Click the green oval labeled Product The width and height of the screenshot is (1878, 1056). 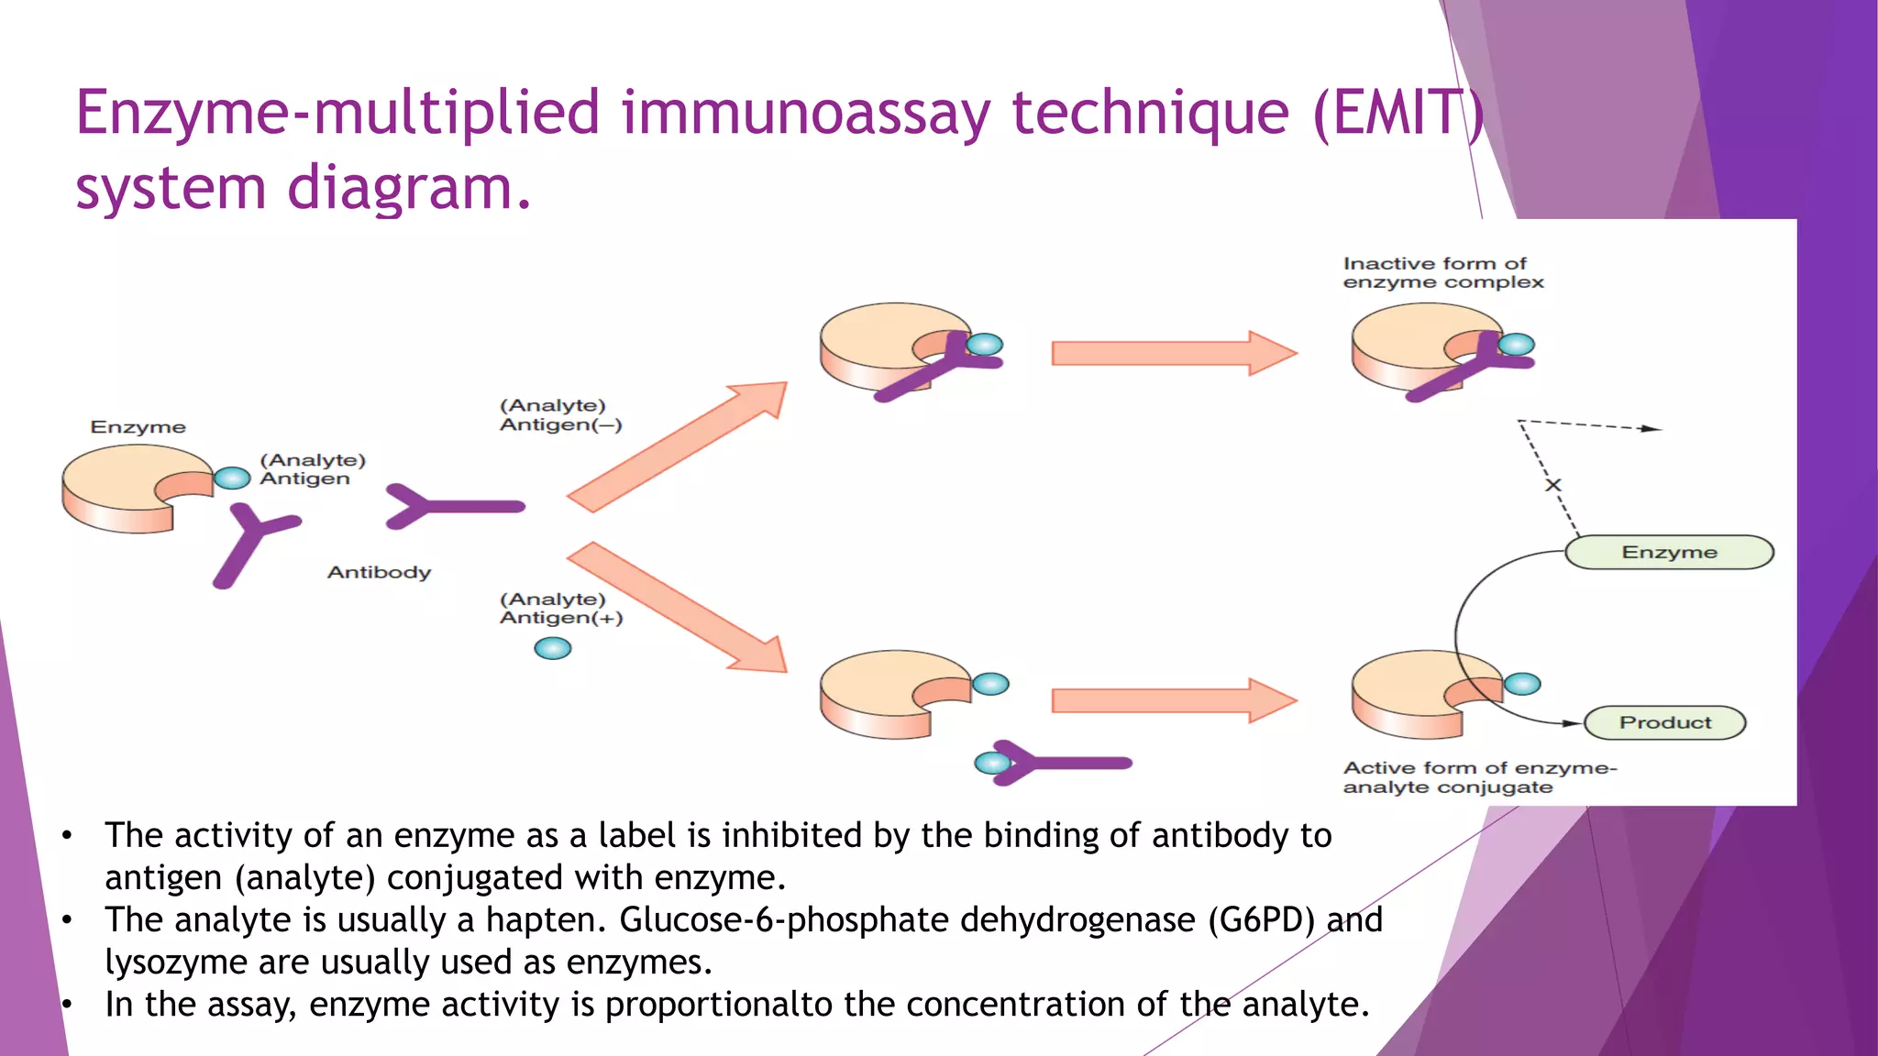1664,722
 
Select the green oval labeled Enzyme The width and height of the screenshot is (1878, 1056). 1669,552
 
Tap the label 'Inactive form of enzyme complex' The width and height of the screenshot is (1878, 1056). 1442,273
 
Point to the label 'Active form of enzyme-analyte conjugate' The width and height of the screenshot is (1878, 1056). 1478,777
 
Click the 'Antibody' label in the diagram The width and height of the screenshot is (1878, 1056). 379,572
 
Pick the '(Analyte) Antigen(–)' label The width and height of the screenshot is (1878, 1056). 560,415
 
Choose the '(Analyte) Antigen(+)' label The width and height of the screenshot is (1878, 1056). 560,609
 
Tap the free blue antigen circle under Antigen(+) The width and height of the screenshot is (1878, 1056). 553,649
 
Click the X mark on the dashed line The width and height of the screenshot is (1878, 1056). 1552,485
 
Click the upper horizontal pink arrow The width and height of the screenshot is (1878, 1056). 1173,353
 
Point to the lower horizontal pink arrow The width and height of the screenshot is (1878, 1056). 1173,701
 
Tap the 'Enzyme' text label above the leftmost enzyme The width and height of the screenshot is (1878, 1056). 138,427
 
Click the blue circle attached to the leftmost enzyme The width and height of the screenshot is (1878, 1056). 232,478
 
